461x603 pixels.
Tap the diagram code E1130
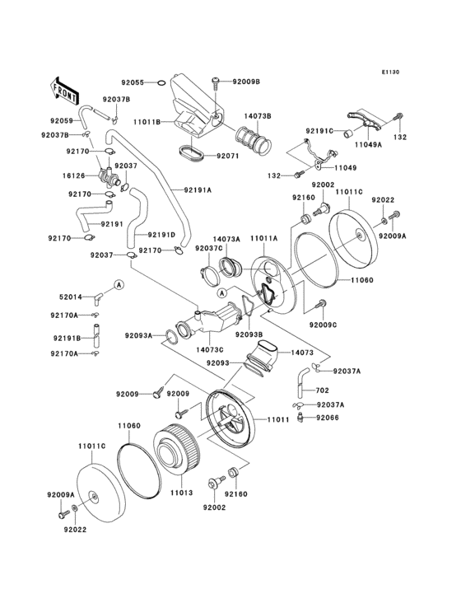389,72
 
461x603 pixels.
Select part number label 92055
133,82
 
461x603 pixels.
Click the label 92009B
245,82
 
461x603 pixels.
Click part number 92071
228,155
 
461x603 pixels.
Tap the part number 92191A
198,189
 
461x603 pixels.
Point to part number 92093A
139,335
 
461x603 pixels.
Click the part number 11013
181,493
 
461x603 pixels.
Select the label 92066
329,418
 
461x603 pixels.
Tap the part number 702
322,390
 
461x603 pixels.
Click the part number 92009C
324,325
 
